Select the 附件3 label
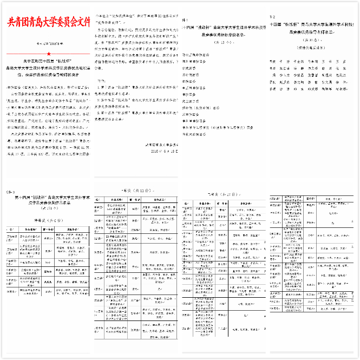pyautogui.click(x=10, y=192)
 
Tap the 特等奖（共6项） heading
pyautogui.click(x=47, y=221)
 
